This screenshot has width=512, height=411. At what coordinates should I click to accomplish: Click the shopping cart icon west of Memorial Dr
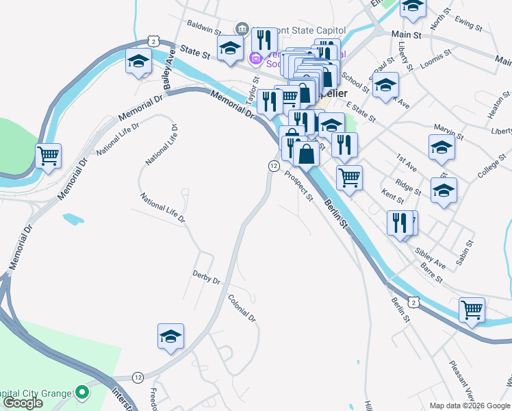(x=48, y=156)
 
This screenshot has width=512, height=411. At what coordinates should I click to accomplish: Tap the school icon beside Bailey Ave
(x=138, y=62)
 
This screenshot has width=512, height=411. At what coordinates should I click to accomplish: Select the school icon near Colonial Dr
(x=170, y=336)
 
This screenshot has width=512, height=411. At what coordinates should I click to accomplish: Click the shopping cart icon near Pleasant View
(x=472, y=310)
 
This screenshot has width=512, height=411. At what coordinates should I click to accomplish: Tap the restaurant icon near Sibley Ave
(x=398, y=222)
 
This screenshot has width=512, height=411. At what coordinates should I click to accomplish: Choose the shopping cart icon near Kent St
(x=349, y=177)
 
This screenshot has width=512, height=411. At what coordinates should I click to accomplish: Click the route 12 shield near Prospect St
(x=274, y=166)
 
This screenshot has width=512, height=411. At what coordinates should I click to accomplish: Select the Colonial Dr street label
(x=242, y=308)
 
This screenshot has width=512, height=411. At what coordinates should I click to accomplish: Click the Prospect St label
(x=299, y=186)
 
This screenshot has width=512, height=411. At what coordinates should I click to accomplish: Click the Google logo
(x=23, y=403)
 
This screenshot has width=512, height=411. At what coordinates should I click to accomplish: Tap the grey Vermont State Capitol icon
(x=242, y=29)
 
